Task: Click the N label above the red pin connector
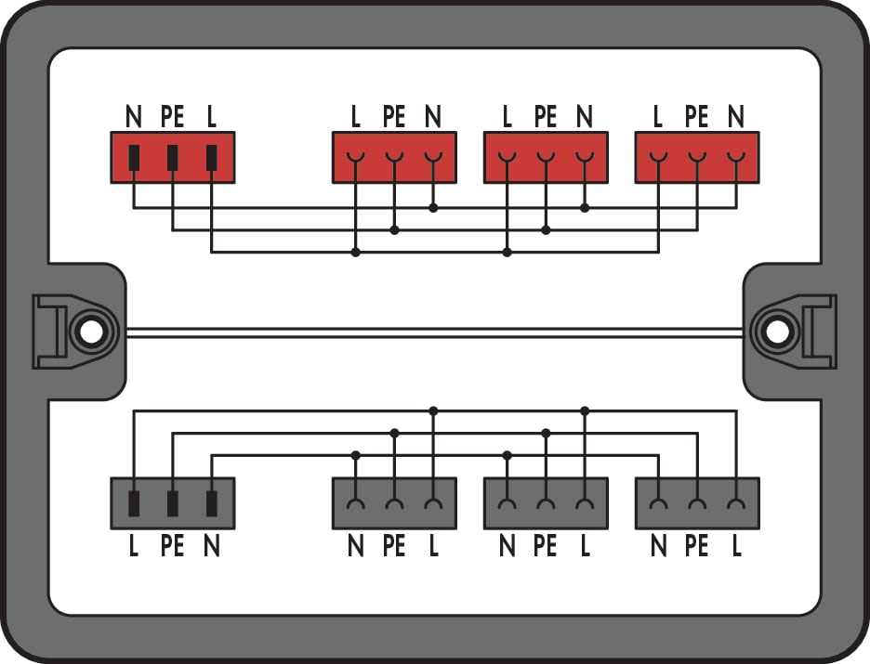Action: point(134,116)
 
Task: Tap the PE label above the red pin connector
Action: point(173,116)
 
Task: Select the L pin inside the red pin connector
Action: point(211,157)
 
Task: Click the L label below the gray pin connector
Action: point(134,546)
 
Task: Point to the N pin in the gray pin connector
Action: point(211,503)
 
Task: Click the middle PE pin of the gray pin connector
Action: point(173,503)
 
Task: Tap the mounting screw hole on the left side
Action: point(91,332)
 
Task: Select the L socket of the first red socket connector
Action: point(356,158)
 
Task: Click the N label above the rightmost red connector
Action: point(736,116)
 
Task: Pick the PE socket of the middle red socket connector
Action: point(546,158)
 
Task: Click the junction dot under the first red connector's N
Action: point(433,208)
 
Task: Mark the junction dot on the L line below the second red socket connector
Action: point(507,253)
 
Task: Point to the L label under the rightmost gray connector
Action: point(736,546)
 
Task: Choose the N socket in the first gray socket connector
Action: point(356,503)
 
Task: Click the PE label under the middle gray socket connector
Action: point(546,546)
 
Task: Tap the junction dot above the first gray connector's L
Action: point(433,410)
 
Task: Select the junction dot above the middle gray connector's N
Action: point(507,456)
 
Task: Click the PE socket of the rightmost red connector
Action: point(697,158)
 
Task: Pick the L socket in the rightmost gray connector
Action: point(736,503)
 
